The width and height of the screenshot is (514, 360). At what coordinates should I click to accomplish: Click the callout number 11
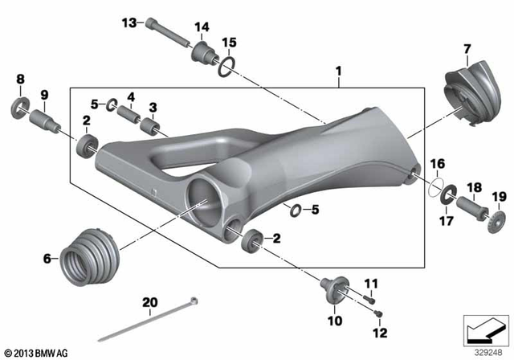[x=370, y=283]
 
